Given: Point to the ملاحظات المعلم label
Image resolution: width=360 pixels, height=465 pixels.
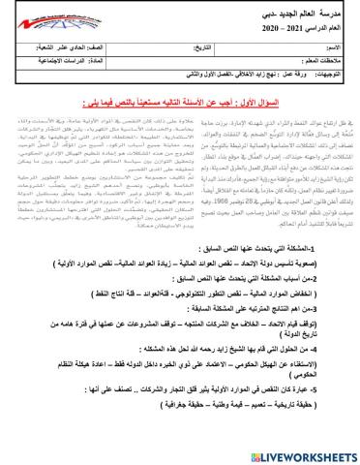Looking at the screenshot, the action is [319, 63].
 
